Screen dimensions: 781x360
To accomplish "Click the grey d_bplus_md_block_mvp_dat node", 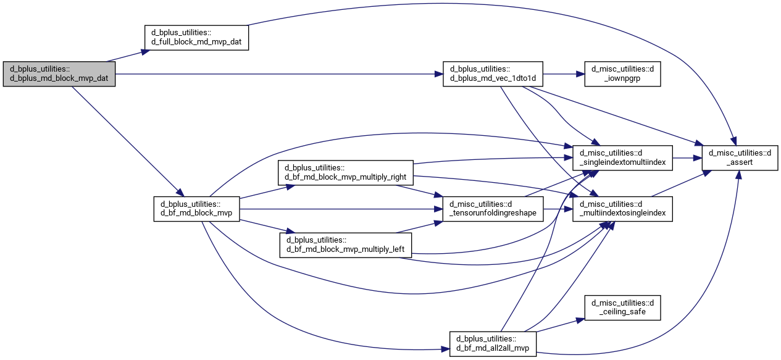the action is [x=59, y=74].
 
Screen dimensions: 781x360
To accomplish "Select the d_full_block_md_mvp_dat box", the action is [x=197, y=38].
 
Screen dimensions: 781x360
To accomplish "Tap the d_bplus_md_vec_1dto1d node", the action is [x=493, y=74].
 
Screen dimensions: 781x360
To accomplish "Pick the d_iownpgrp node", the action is [x=622, y=74].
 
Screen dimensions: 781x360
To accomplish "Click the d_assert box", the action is [x=740, y=158].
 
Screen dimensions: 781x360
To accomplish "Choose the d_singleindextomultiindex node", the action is [x=622, y=158].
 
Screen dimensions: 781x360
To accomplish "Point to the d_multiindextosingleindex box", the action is [x=622, y=209].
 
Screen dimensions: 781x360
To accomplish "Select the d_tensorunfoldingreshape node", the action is [x=493, y=209].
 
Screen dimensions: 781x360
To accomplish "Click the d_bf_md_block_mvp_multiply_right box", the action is [x=346, y=173].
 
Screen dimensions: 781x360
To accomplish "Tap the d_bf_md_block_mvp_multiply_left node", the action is [x=346, y=245].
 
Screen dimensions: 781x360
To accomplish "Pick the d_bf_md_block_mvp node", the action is [x=197, y=209].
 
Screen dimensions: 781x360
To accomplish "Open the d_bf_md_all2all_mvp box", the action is [x=493, y=344].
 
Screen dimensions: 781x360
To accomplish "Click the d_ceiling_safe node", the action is [x=622, y=308].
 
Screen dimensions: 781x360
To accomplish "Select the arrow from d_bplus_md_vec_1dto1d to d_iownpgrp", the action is [x=564, y=74].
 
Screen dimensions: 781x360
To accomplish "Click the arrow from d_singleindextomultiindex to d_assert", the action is [x=687, y=158].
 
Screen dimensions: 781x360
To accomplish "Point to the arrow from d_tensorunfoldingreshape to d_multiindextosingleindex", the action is [x=558, y=209].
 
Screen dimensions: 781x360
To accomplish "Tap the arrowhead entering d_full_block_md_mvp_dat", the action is [x=146, y=52].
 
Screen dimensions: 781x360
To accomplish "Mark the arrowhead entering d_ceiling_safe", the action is [x=580, y=320].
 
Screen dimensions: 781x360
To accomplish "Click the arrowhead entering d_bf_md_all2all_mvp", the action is [x=445, y=349].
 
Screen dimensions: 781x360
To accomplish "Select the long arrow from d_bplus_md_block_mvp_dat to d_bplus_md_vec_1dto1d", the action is [x=279, y=74].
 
